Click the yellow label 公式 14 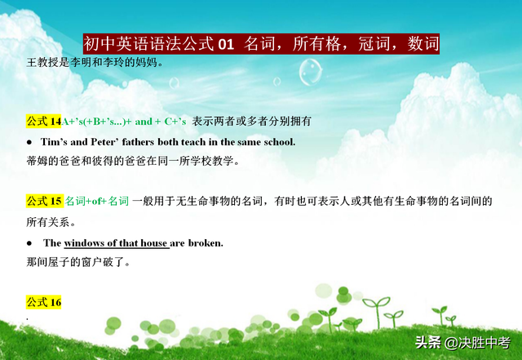coord(43,121)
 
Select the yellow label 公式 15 coord(45,201)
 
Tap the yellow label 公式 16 coord(43,302)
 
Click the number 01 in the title coord(226,44)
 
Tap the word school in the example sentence coord(279,142)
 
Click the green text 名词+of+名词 coord(97,201)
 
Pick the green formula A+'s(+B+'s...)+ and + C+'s coord(123,122)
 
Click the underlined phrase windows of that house coord(116,243)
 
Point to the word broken coord(206,243)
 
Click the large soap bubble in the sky coord(310,72)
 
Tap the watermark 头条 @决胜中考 coord(462,342)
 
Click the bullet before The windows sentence coord(29,243)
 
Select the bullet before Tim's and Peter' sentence coord(29,142)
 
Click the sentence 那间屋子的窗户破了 coord(78,262)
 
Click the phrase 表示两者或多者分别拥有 coord(252,121)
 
